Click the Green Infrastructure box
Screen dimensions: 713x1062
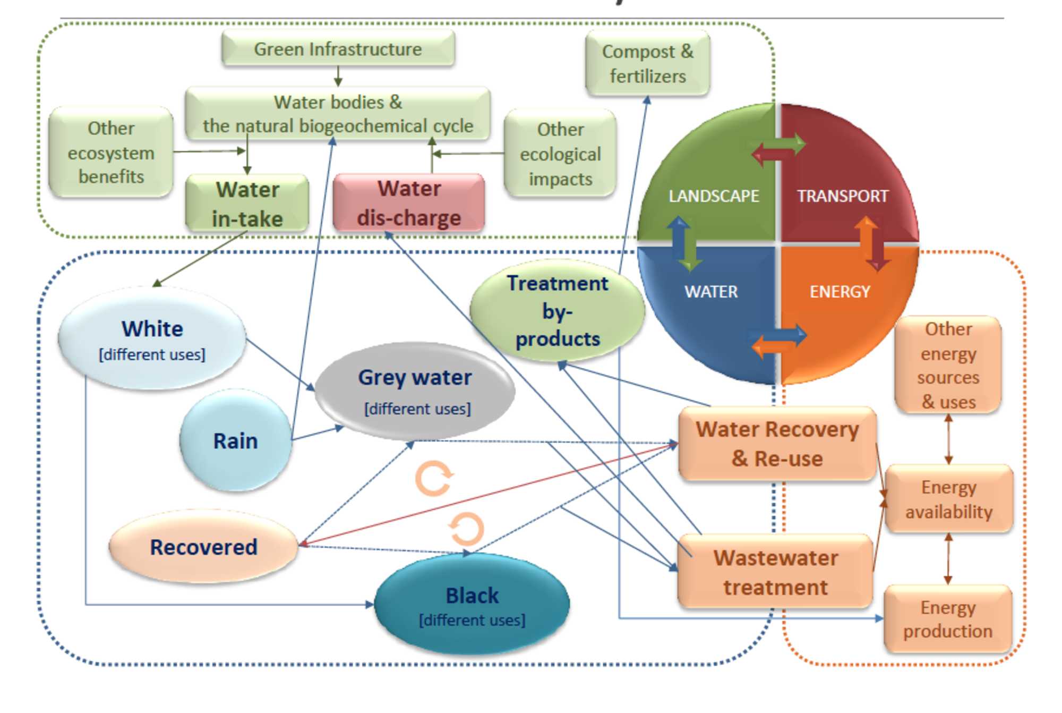(338, 49)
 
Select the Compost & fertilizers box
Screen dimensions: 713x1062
(647, 64)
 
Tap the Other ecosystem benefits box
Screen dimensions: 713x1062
(111, 152)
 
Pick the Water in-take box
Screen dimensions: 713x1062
(247, 204)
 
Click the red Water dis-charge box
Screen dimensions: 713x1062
(409, 203)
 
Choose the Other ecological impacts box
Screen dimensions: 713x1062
(560, 154)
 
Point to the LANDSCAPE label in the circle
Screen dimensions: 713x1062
(714, 196)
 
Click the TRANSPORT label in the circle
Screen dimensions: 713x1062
(842, 196)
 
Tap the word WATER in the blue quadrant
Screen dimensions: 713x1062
(711, 292)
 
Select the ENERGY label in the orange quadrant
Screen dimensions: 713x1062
(840, 292)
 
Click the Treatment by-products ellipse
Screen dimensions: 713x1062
(558, 311)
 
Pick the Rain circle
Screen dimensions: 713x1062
(236, 440)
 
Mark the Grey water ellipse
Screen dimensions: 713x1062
(415, 391)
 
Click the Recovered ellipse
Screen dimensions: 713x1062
(203, 547)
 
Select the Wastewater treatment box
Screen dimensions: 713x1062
(775, 572)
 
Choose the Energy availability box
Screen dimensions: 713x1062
(948, 499)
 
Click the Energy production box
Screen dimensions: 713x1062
(948, 619)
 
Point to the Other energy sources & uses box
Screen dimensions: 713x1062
(948, 365)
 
